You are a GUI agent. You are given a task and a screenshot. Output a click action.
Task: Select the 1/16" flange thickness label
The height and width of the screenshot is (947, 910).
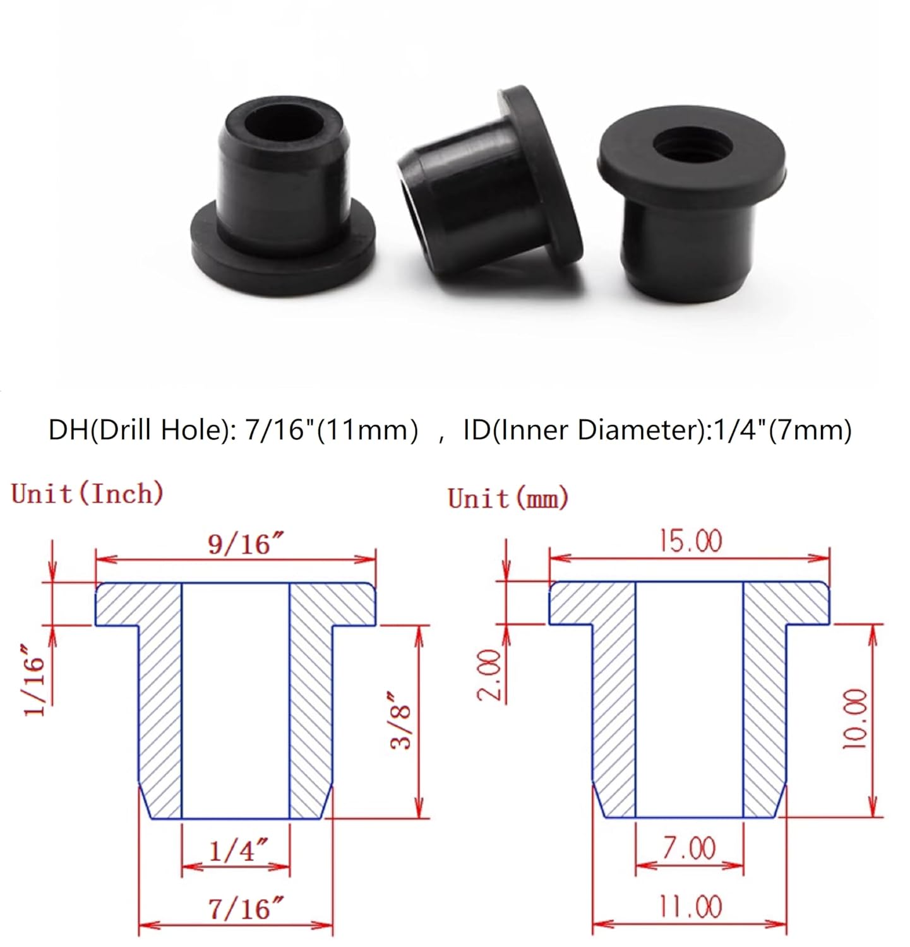coord(35,679)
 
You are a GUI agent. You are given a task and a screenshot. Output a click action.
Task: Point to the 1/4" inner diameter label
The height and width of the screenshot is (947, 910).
coord(238,850)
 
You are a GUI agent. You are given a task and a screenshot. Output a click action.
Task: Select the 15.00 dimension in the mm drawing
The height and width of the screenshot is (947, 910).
coord(690,541)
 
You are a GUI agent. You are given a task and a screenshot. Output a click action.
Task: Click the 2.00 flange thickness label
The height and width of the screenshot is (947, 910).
coord(489,674)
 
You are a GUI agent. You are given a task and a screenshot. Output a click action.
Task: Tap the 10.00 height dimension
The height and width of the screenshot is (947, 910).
coord(856,718)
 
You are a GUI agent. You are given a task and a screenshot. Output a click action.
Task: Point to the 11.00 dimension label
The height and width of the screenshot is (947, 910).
coord(690,907)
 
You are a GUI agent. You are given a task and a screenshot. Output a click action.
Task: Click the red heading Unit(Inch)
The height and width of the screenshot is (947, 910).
coord(87,493)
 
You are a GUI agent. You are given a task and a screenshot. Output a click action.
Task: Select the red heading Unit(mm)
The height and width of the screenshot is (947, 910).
coord(508,498)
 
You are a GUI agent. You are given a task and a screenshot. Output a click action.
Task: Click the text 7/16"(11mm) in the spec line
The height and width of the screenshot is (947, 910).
coord(331,430)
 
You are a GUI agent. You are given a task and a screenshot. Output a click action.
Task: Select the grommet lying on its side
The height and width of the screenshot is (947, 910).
coord(489,189)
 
